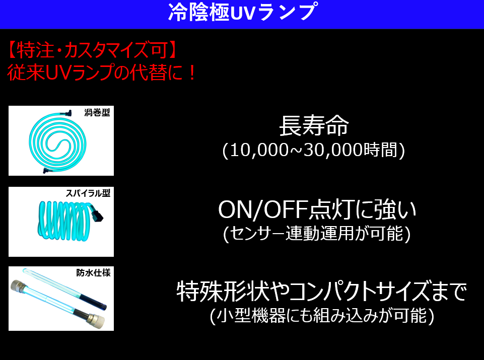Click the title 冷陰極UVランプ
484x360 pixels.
(x=242, y=13)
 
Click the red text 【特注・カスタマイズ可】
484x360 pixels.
(x=92, y=50)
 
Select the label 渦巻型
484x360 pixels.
(x=97, y=113)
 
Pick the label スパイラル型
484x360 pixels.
(x=88, y=193)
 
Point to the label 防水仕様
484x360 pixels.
(x=93, y=273)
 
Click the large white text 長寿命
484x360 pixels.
(x=314, y=126)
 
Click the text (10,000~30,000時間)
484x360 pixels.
(x=314, y=150)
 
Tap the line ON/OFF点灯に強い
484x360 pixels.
(x=317, y=210)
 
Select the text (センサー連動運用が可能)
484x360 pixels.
(x=317, y=234)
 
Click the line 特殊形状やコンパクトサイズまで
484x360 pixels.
(x=321, y=291)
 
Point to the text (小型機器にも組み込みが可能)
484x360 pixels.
(x=322, y=316)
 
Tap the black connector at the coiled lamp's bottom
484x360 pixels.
(x=47, y=170)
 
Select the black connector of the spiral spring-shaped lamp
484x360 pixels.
(x=98, y=214)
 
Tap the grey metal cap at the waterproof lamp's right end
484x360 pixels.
(x=96, y=320)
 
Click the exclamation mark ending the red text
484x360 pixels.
(x=192, y=73)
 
